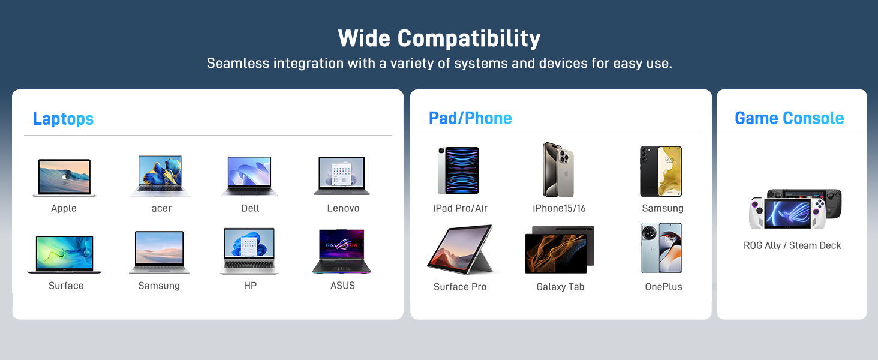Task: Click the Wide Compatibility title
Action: tap(439, 38)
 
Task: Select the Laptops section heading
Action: tap(63, 119)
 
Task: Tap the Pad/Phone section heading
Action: tap(470, 118)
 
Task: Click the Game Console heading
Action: tap(789, 118)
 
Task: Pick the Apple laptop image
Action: tap(64, 177)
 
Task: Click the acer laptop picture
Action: tap(160, 176)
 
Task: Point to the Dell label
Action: tap(250, 208)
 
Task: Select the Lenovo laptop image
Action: tap(342, 176)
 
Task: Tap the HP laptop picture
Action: tap(249, 251)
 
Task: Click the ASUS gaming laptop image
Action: tap(342, 251)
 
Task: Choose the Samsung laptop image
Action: tap(159, 252)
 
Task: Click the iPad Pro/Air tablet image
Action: tap(459, 170)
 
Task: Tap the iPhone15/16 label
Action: tap(559, 208)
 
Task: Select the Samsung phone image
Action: tap(661, 171)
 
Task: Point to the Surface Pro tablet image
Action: tap(461, 249)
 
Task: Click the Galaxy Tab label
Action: tap(560, 287)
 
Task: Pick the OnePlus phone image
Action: tap(661, 248)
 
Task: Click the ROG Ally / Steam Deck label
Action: tap(792, 245)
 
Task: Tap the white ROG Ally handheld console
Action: tap(787, 214)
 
